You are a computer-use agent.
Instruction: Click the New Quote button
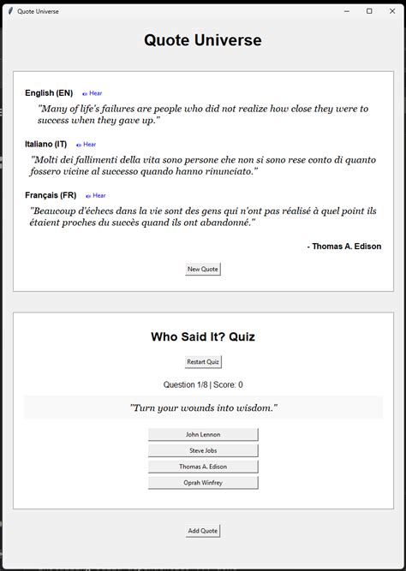pos(203,269)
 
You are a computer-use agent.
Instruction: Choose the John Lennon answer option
pos(203,435)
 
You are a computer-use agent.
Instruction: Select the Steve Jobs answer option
pos(203,450)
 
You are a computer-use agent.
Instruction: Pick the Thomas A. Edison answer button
pos(203,467)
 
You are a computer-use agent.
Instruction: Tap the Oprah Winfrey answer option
pos(203,483)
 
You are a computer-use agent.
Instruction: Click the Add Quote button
pos(203,531)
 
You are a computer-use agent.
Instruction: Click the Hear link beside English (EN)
pos(93,93)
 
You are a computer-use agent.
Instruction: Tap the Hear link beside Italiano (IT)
pos(87,145)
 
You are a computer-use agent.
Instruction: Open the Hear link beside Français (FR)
pos(96,195)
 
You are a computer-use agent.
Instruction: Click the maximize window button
pos(369,11)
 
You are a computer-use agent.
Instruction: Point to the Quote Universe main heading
pos(203,40)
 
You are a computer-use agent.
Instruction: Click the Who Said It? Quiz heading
pos(203,336)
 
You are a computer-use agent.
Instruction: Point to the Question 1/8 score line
pos(203,384)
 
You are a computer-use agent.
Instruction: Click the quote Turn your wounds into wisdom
pos(203,408)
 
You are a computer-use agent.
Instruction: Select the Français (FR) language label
pos(51,195)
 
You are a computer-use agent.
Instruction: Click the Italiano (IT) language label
pos(46,145)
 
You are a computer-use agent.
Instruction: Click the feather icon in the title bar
pos(9,11)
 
